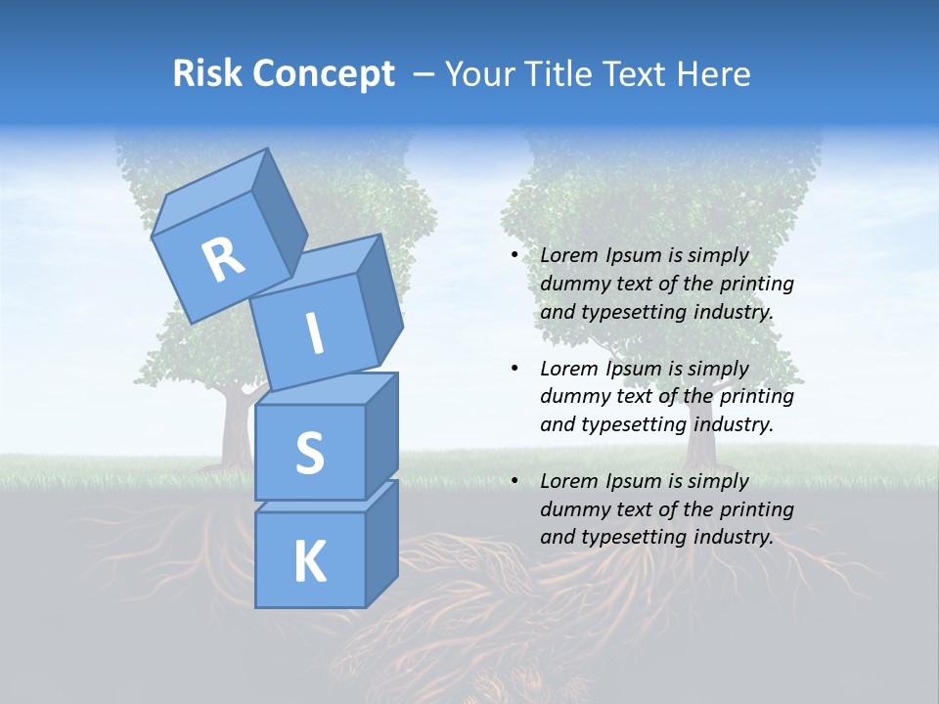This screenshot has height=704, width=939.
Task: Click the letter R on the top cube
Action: pos(223,260)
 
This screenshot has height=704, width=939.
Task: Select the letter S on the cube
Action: pos(309,453)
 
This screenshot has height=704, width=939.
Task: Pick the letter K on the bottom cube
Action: pos(309,562)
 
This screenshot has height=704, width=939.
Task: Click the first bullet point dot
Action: pos(514,255)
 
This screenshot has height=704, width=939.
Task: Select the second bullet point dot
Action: pos(514,369)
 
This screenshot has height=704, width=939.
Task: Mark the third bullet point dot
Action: pos(514,481)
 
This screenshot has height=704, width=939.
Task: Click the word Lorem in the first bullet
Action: pos(569,255)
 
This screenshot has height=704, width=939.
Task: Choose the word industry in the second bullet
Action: pos(734,424)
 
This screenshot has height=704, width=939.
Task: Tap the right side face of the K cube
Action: pos(381,543)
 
